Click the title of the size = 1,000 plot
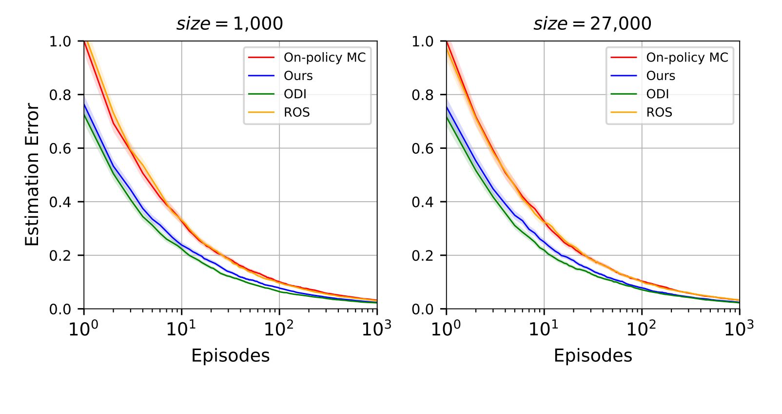230,23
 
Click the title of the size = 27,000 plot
592,23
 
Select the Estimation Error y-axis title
32,174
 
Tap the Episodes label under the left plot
230,355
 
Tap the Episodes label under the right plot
593,355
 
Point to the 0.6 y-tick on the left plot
60,148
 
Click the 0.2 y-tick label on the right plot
423,255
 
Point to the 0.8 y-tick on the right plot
423,95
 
